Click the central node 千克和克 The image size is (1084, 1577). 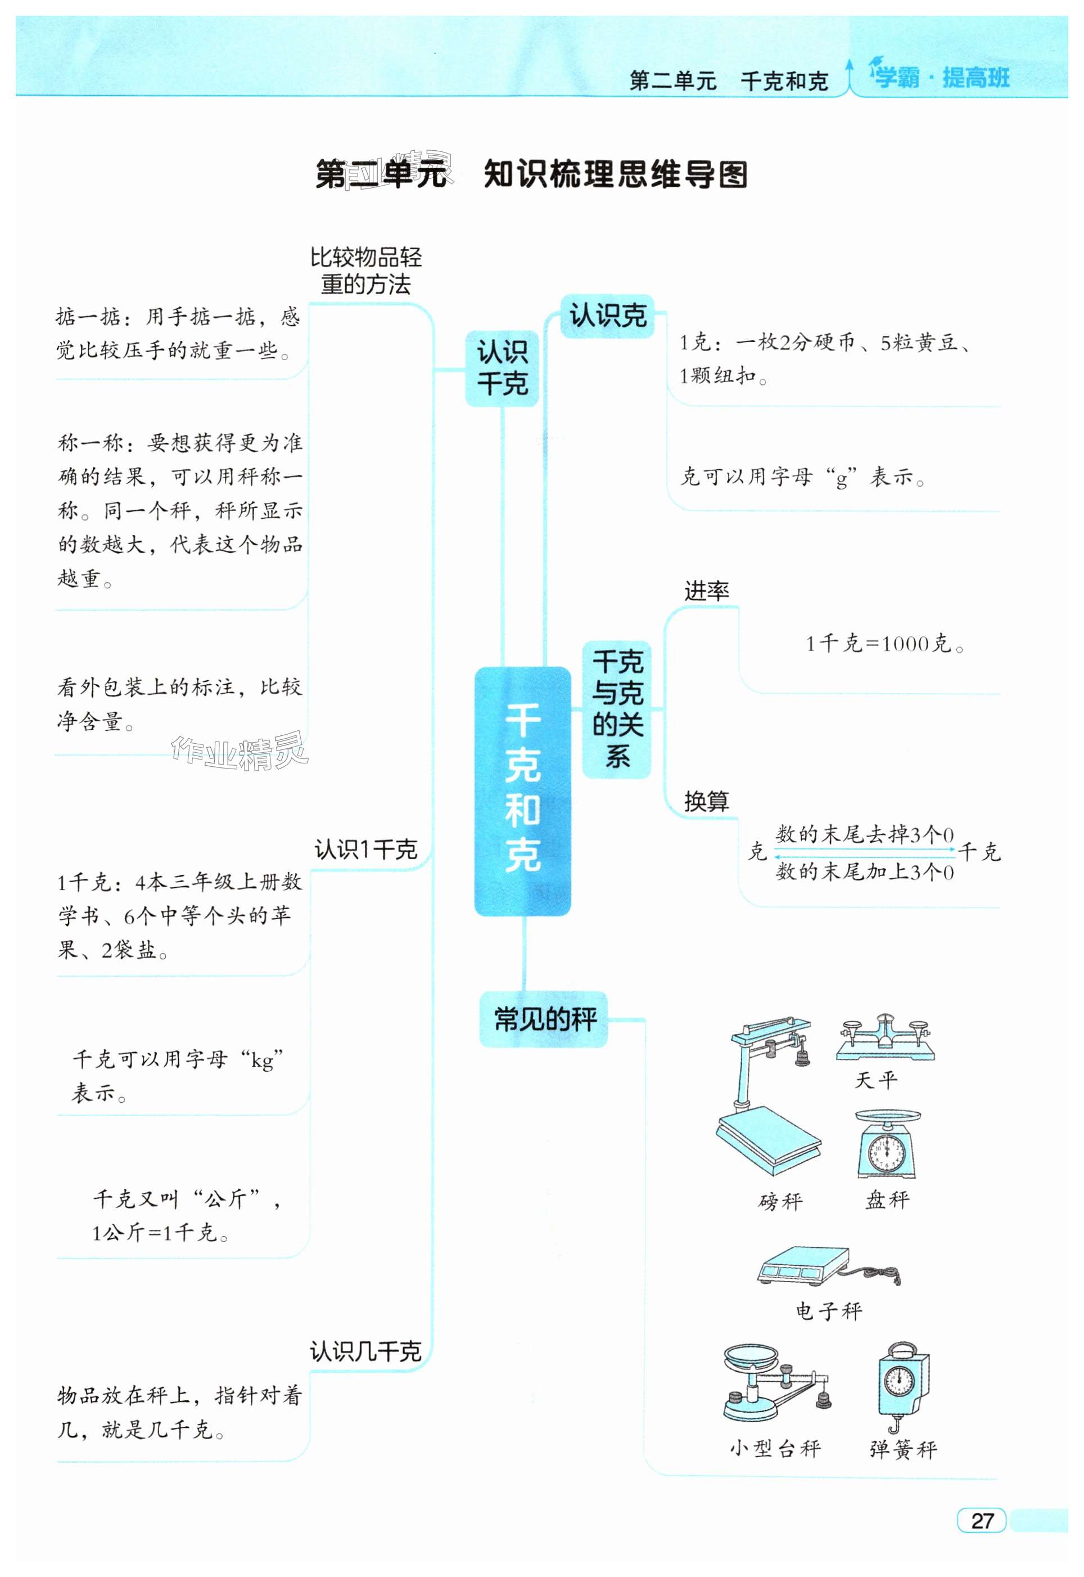[522, 791]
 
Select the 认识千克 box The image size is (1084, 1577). [502, 369]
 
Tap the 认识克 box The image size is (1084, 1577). [607, 315]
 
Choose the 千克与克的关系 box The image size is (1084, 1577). [617, 709]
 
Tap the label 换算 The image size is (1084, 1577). [706, 802]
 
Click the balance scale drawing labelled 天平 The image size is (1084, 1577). [884, 1039]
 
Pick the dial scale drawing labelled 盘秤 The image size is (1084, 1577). [887, 1145]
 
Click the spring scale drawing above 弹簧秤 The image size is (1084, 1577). [901, 1385]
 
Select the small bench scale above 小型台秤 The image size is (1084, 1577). [774, 1383]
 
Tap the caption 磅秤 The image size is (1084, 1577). [780, 1201]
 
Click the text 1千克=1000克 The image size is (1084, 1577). [885, 644]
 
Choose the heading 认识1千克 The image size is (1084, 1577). [365, 850]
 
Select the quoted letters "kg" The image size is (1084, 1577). [261, 1059]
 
